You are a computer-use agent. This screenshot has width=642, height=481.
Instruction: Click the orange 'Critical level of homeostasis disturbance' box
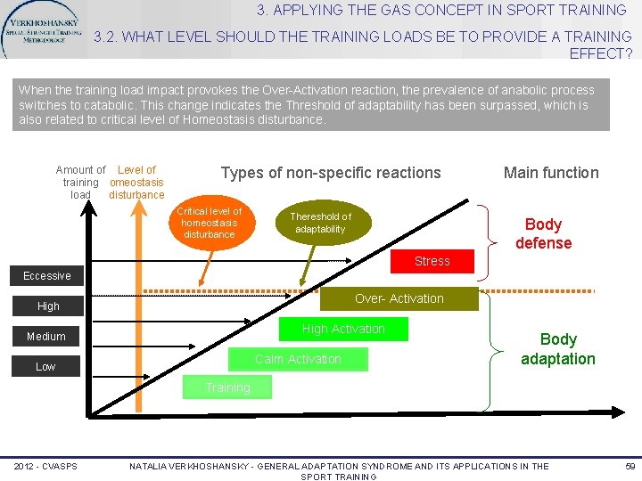click(x=209, y=223)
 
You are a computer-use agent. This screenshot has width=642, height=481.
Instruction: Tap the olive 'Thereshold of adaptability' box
click(x=320, y=223)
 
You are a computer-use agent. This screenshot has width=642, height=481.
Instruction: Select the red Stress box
click(x=432, y=261)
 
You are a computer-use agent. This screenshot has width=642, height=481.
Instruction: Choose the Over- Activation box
click(x=399, y=298)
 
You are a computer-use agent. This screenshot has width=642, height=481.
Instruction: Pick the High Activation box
click(x=343, y=329)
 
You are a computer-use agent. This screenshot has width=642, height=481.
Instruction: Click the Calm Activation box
click(x=298, y=359)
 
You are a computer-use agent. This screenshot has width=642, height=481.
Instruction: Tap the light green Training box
click(x=227, y=387)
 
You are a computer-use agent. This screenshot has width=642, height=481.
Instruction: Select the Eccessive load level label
click(x=47, y=276)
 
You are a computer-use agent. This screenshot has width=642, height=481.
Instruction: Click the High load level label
click(x=48, y=306)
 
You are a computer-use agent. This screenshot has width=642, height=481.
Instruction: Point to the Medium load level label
click(x=46, y=337)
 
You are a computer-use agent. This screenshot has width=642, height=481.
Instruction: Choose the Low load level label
click(x=45, y=367)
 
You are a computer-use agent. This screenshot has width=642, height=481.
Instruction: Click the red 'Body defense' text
click(x=543, y=233)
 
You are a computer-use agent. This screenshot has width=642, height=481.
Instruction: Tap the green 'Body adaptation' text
click(x=558, y=349)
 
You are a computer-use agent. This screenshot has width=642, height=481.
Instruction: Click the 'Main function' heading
click(x=551, y=173)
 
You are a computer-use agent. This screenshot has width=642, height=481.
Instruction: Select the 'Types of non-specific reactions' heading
click(x=331, y=173)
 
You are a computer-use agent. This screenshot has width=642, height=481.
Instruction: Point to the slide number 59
click(x=630, y=466)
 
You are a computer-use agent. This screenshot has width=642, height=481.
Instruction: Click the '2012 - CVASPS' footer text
click(x=45, y=467)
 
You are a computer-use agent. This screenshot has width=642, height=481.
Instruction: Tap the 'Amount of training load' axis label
click(x=80, y=182)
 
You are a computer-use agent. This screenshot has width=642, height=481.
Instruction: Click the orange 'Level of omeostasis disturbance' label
click(x=136, y=182)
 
